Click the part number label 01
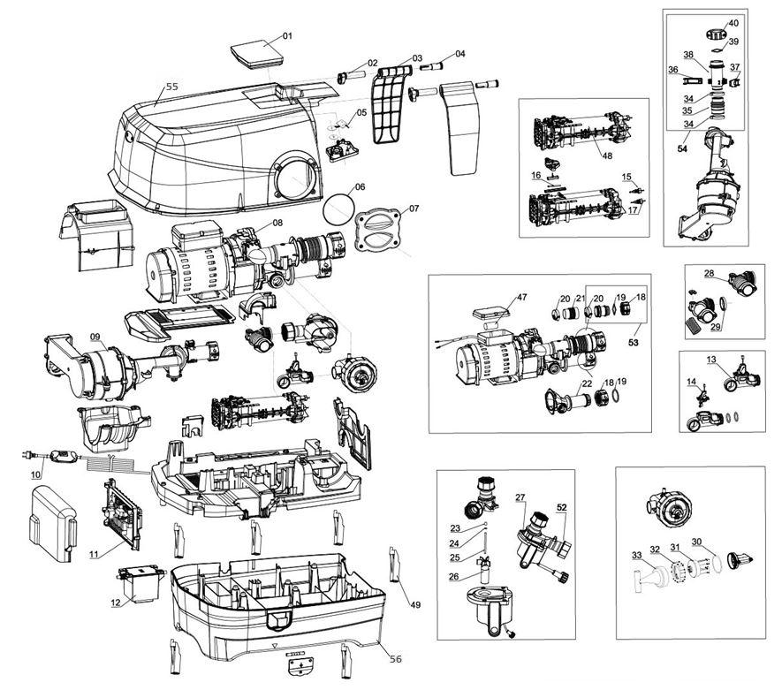pos(287,36)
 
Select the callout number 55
pos(171,87)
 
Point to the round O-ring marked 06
pos(338,210)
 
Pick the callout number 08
pos(277,223)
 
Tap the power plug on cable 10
pos(27,454)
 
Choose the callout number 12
pos(116,603)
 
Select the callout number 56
pos(395,659)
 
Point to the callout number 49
pos(415,605)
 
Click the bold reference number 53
pos(633,343)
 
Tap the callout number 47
pos(521,297)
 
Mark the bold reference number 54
pos(682,148)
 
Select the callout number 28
pos(710,273)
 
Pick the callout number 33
pos(636,555)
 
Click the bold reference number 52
pos(562,507)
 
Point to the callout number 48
pos(607,155)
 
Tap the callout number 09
pos(95,337)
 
